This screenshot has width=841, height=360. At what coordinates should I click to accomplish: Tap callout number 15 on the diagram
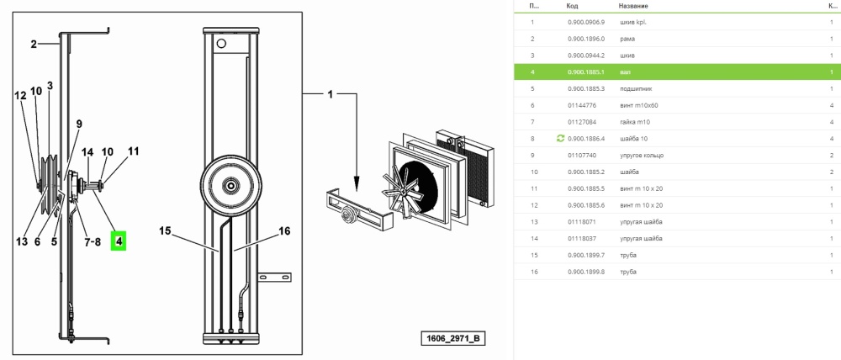166,230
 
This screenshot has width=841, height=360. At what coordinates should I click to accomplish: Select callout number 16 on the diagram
283,230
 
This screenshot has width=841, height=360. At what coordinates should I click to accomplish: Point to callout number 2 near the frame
34,44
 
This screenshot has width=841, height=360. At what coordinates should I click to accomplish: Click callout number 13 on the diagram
21,241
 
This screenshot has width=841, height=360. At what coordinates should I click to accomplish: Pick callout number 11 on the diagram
132,151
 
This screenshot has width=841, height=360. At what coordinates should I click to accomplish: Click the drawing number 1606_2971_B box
453,339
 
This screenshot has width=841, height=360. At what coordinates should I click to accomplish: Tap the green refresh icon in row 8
560,137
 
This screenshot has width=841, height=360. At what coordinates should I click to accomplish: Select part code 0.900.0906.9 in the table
586,22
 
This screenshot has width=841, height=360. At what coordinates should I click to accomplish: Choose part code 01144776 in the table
581,105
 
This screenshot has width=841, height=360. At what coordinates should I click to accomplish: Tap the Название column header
634,5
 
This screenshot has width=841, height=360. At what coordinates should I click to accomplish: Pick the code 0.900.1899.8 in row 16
586,272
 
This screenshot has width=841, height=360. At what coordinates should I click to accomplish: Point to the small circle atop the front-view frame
221,44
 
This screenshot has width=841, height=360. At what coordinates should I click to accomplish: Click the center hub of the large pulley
230,184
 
